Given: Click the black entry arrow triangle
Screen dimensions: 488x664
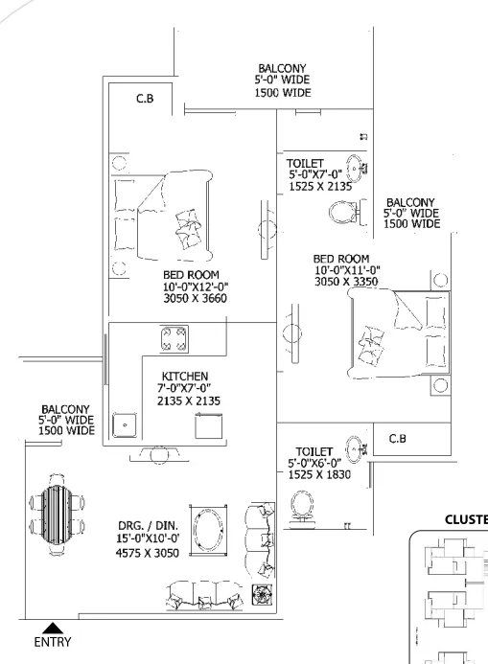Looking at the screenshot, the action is tap(53, 628).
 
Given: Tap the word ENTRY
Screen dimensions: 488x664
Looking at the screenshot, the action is tap(53, 642).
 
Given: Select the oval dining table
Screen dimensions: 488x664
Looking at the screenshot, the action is tap(58, 515).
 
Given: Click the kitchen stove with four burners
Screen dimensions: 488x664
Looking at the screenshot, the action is tap(174, 339).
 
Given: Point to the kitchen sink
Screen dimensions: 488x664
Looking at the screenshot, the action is tap(125, 425).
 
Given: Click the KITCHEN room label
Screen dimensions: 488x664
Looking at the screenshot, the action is tap(185, 376).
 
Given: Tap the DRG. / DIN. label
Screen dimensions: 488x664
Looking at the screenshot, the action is tap(148, 525).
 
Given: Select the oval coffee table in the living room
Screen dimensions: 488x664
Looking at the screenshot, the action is tap(208, 529).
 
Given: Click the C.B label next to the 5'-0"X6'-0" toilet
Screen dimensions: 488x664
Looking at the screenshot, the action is tap(397, 439).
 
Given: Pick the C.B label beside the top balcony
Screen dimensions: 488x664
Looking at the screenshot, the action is tap(145, 99).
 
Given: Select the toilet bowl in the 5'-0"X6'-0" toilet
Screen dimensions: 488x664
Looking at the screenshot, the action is tap(302, 507).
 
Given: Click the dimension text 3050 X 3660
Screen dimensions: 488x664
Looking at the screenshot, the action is tap(196, 298).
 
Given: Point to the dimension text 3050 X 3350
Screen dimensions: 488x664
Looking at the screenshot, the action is tap(346, 282).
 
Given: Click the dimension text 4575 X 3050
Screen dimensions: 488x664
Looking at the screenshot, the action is tap(148, 553).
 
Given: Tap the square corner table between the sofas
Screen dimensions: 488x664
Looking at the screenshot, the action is tap(262, 595).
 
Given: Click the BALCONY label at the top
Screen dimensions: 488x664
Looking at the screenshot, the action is tap(282, 68).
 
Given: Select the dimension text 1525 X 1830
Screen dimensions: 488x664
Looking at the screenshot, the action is tap(319, 474).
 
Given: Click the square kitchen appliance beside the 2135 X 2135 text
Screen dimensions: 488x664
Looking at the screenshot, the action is tap(208, 426).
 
